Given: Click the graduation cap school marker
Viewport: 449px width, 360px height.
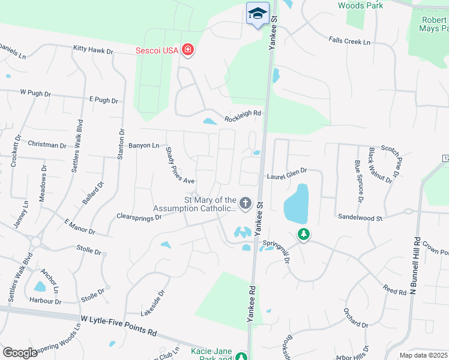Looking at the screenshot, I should point(258,14).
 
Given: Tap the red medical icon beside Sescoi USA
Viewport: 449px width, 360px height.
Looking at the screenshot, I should point(188,50).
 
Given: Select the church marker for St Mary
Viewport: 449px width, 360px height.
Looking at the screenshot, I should point(245,204).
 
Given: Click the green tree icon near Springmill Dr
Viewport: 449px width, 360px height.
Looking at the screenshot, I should point(304,234).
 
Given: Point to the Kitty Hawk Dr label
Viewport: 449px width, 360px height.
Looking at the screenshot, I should point(93,50).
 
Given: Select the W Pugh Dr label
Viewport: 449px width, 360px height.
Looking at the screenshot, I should point(36,93).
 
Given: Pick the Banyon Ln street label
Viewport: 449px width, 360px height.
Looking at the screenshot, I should point(144,145).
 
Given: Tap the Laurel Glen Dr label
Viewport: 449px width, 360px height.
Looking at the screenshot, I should point(286,173).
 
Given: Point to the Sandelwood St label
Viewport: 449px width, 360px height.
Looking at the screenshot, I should point(360,217).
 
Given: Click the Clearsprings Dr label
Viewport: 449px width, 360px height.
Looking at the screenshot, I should point(139,216).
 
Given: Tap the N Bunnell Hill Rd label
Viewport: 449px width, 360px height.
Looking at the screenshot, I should point(413,264).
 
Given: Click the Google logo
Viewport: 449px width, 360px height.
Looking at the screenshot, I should point(20,353).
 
